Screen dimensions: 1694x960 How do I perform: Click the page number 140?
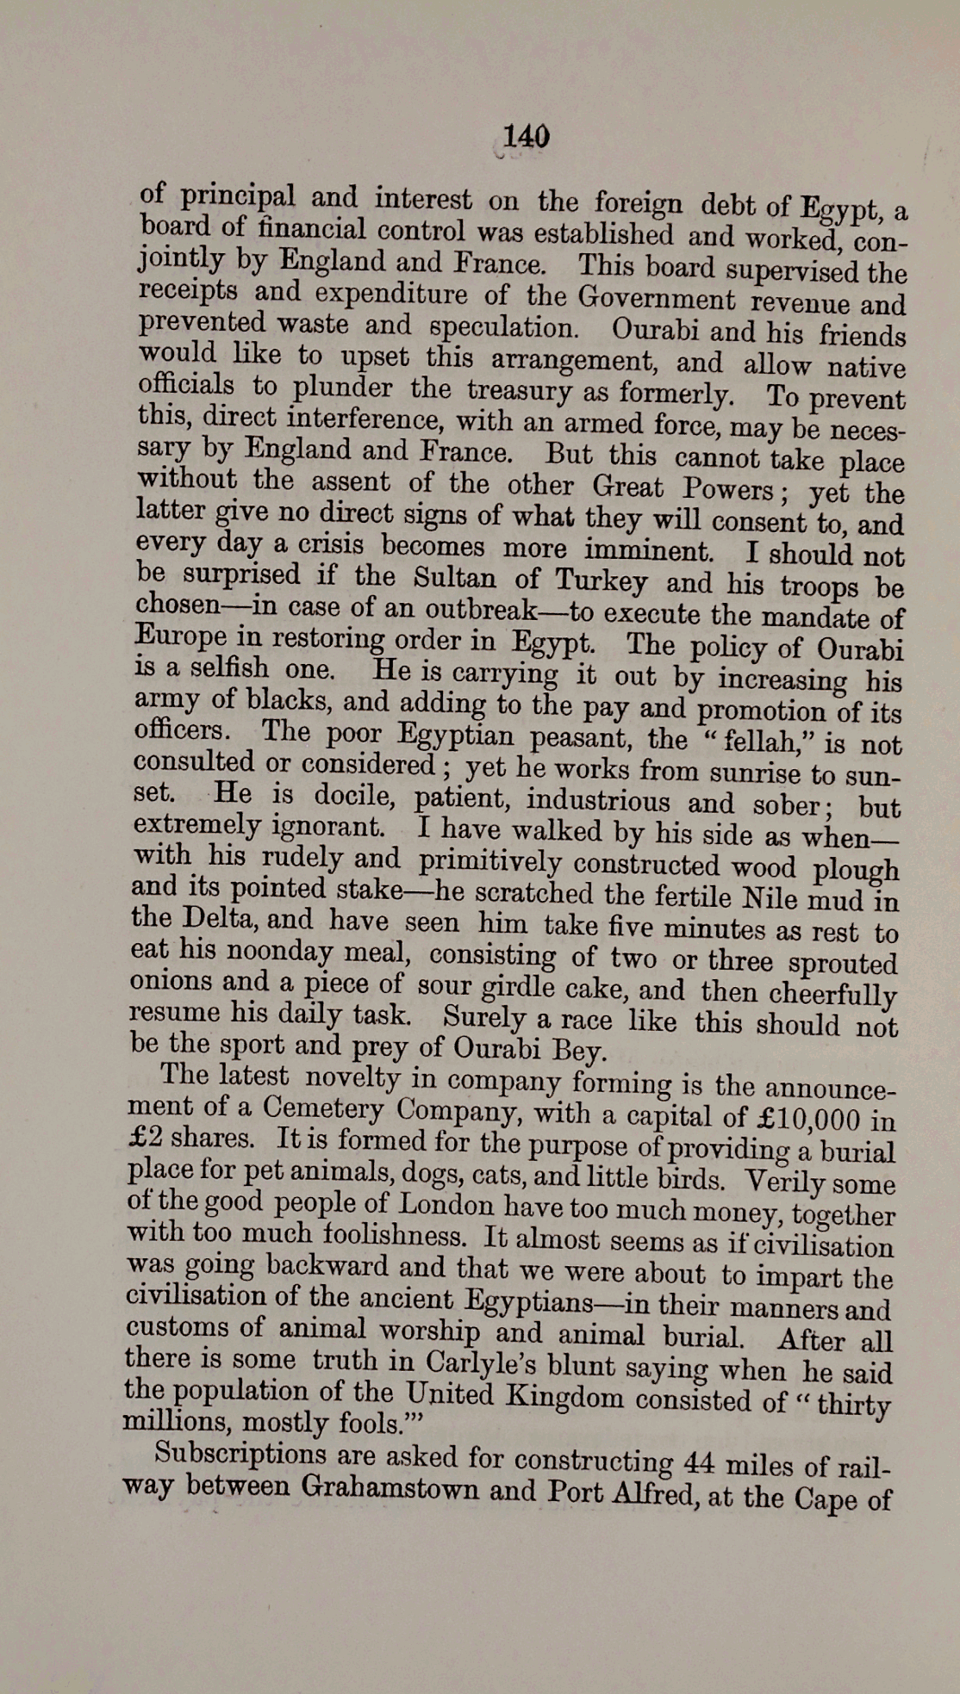(x=525, y=136)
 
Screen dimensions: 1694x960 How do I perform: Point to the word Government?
(x=657, y=299)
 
